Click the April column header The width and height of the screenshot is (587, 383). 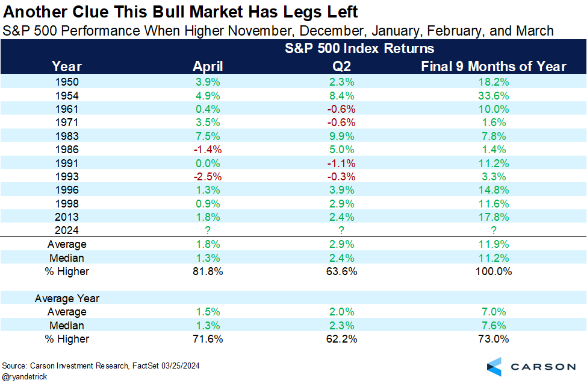pos(208,66)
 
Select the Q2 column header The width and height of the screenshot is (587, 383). pos(341,66)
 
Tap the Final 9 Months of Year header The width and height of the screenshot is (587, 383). pos(494,66)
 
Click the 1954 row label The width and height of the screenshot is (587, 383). pos(67,96)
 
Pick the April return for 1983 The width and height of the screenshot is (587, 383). pos(208,136)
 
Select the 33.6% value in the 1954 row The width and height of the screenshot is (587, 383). pos(494,96)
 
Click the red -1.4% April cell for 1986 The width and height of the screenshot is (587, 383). pos(208,150)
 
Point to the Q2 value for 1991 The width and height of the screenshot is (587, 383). pos(341,163)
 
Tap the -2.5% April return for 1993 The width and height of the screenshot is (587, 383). pos(208,176)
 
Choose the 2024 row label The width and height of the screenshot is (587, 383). pos(67,230)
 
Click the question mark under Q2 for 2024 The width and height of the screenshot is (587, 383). pos(341,230)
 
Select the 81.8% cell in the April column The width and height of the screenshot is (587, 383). pos(208,271)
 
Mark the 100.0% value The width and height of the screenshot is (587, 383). pos(494,271)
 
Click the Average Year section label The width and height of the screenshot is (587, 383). pos(67,298)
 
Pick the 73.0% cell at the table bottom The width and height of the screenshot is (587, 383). pos(494,339)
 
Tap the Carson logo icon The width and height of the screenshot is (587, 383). pos(494,367)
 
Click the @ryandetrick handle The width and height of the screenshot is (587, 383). pos(25,376)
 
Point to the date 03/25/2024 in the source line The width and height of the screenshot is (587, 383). pos(181,366)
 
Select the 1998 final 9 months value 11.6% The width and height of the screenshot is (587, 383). pos(494,204)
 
